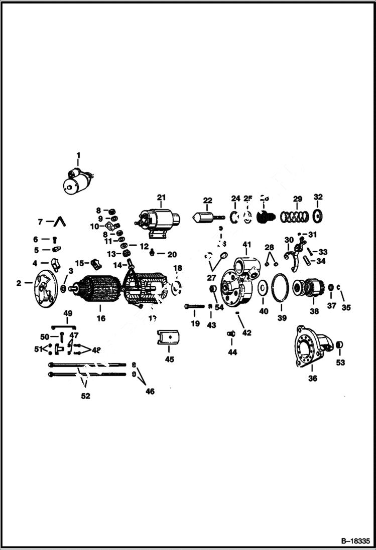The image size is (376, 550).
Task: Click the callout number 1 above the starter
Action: tap(78, 155)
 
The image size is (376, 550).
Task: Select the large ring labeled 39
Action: tap(281, 288)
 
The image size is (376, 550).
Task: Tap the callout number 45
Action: tap(169, 359)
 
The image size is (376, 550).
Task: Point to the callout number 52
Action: tap(86, 396)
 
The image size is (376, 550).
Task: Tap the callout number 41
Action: tap(246, 244)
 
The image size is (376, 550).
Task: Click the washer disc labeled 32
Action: tap(318, 217)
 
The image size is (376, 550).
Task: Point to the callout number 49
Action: tap(68, 313)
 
